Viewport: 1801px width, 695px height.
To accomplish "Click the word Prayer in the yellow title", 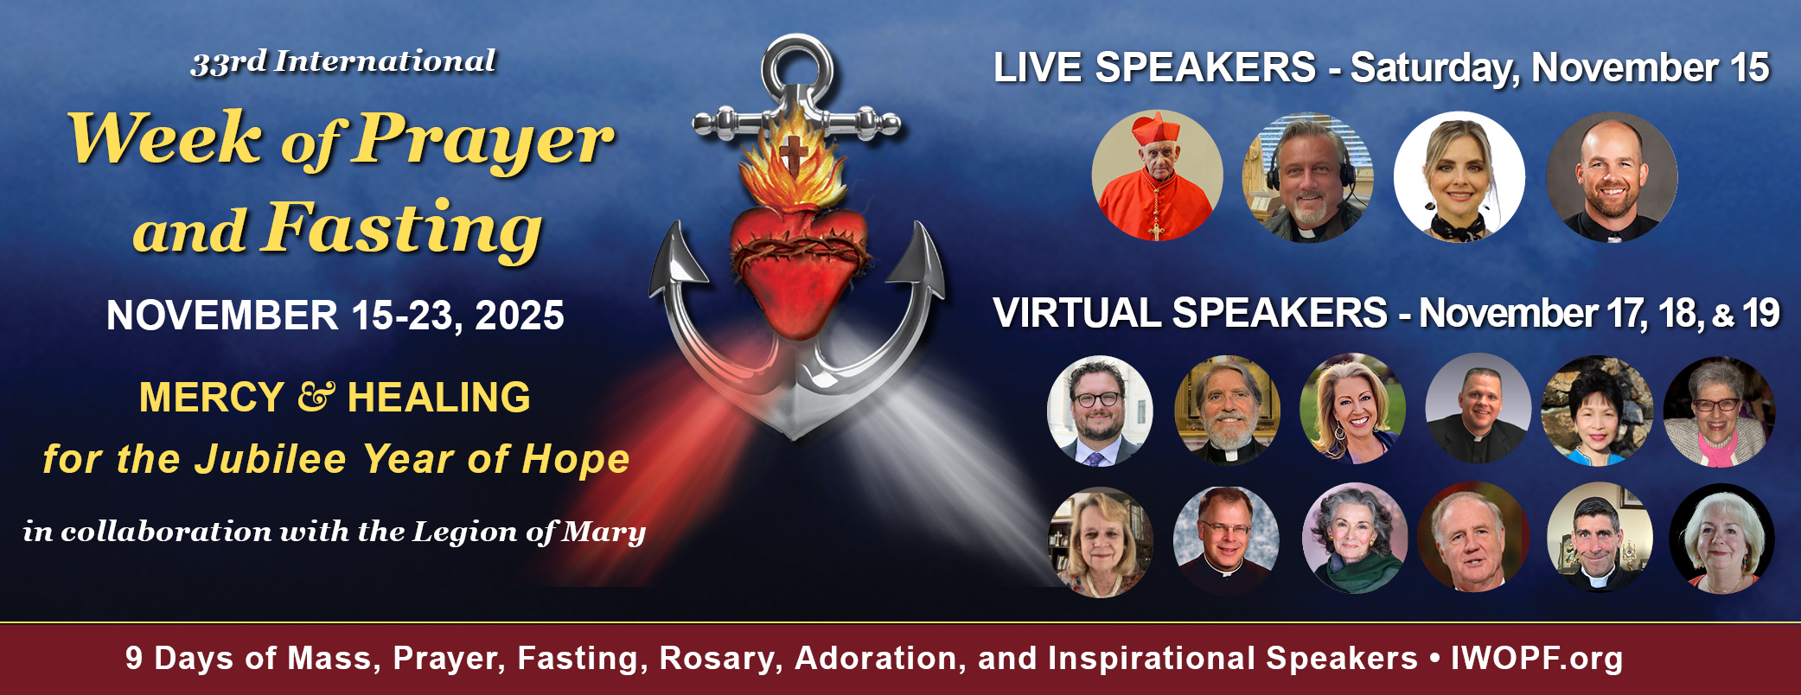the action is click(482, 139).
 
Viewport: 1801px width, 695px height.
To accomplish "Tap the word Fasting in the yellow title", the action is click(404, 229).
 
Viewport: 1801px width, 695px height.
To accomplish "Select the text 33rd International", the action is click(343, 62).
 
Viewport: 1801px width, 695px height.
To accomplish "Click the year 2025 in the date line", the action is click(519, 316).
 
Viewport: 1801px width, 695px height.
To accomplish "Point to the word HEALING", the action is click(438, 398).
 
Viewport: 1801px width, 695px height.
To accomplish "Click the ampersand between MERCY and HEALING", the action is click(316, 397).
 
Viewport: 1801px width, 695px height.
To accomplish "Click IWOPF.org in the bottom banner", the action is click(1536, 658).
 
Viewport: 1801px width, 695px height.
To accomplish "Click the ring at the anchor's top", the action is click(799, 62).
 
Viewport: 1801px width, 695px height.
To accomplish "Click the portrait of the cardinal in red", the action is click(1157, 175).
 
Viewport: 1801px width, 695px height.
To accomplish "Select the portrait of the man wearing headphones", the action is click(1308, 177).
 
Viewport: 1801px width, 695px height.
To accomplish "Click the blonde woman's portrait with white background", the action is click(1459, 177).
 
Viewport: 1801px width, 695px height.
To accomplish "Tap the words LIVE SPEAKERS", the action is click(1154, 67).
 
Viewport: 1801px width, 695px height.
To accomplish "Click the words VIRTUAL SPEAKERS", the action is click(1190, 313).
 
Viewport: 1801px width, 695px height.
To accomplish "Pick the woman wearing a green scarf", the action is click(1354, 539).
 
